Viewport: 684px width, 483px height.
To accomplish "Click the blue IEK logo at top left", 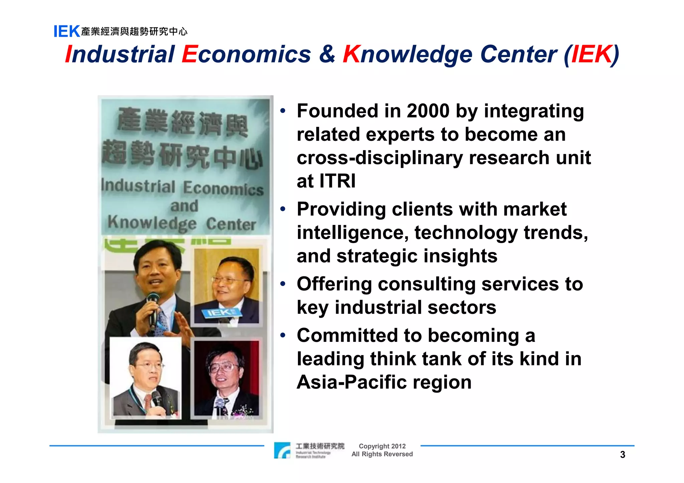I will (x=67, y=31).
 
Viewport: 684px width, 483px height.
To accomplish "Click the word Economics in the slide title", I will (x=246, y=54).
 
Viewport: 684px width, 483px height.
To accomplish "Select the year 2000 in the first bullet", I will (x=428, y=111).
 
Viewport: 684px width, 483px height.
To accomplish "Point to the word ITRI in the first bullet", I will (x=337, y=181).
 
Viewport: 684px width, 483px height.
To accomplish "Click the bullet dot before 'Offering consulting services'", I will (x=283, y=284).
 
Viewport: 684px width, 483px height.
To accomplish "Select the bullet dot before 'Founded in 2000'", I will (x=283, y=110).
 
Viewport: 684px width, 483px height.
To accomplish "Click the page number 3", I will (x=623, y=455).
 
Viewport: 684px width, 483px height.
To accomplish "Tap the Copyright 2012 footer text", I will (x=382, y=446).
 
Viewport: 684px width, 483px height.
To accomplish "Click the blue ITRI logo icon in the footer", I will (x=282, y=450).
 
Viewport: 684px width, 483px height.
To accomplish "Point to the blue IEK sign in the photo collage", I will (x=220, y=313).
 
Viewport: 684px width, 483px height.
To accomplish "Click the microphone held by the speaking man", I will (x=153, y=307).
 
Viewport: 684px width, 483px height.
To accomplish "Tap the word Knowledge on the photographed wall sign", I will (x=152, y=223).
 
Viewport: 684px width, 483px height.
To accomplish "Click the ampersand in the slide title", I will (x=327, y=54).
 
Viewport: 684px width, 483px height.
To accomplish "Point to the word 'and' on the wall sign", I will (x=184, y=206).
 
